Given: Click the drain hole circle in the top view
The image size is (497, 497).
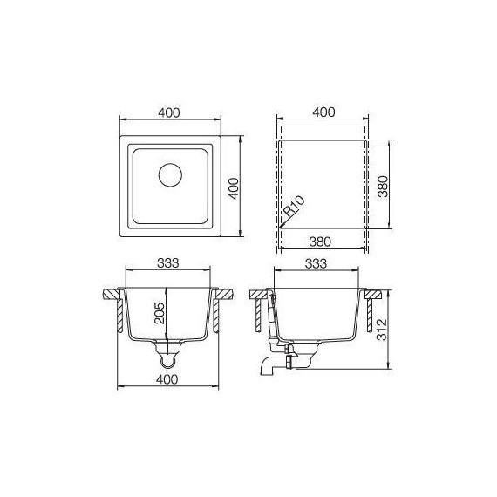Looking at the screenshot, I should (168, 175).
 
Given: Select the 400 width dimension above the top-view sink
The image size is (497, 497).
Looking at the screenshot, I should (169, 112).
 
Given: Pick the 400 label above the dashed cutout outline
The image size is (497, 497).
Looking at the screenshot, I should (323, 112).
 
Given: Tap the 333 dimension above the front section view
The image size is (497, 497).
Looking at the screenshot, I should (169, 262).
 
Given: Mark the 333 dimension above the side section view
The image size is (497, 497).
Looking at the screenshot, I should (317, 262).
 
